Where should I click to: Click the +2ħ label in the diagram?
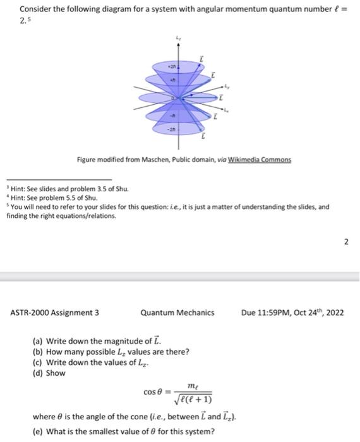pos(171,66)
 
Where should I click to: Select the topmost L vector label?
pos(201,58)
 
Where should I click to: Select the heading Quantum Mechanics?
pos(177,312)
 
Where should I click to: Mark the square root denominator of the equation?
pos(191,400)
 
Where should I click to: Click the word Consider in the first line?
pos(35,9)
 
